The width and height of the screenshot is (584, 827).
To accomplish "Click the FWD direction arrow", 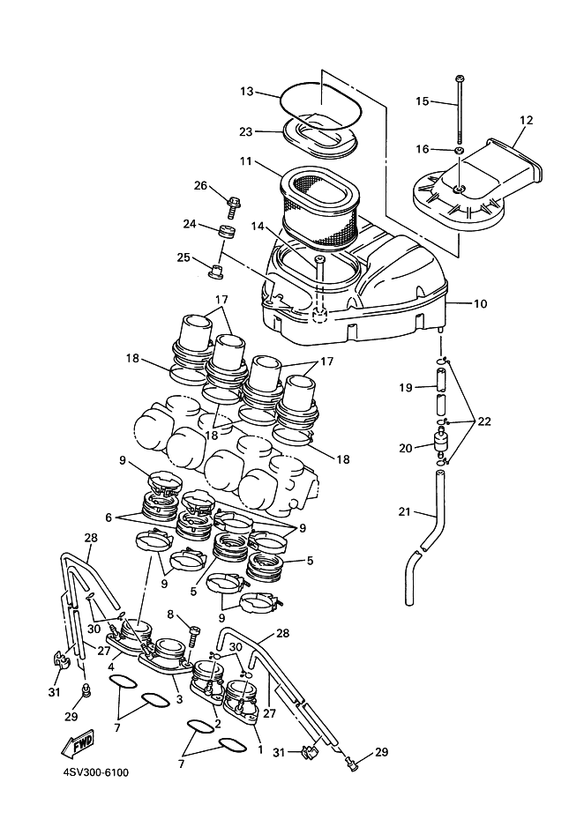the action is point(78,746).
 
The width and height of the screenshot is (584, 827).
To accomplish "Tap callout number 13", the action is point(247,91).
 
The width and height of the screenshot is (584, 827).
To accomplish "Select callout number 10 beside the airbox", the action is point(481,304).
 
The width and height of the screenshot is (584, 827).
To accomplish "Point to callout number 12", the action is point(526,120).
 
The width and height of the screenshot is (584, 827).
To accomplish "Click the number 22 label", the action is point(483,421).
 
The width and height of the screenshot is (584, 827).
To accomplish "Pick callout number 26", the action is point(200,185).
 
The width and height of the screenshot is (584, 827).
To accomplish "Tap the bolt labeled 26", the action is point(233,207).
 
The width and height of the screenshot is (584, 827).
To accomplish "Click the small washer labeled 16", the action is point(460,152).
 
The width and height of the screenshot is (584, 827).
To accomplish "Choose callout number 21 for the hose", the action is point(405,511).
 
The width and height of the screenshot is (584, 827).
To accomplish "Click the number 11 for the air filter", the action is point(246,160).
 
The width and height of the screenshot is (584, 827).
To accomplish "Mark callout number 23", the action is point(246,131).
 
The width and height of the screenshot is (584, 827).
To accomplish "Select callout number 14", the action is point(258,227).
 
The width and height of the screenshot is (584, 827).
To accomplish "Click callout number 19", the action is point(405,388).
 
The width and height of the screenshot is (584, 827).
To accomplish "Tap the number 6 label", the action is point(109,518).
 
